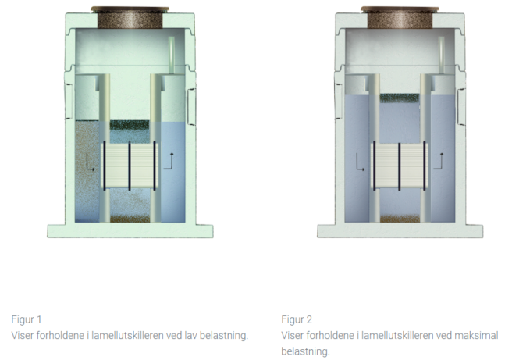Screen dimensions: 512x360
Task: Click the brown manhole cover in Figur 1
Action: [130, 17]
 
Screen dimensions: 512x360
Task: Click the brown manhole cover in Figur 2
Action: [400, 17]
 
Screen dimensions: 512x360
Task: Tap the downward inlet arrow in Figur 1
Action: [90, 162]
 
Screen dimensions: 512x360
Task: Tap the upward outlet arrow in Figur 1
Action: [169, 161]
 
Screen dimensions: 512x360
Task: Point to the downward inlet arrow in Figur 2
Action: [360, 162]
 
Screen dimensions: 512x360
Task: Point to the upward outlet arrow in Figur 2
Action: [438, 161]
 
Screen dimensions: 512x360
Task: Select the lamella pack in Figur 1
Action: [130, 166]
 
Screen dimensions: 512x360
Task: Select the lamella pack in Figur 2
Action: [400, 166]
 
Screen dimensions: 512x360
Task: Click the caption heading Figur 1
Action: [27, 319]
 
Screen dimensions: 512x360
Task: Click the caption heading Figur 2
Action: [297, 319]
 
